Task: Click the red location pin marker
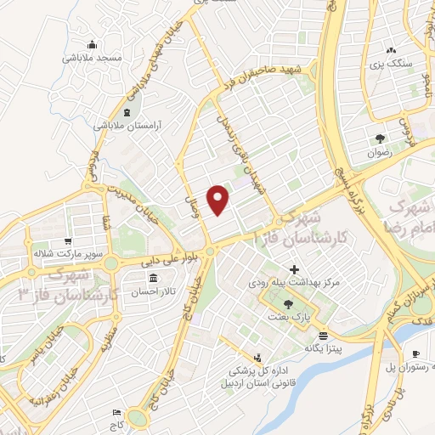coord(219,199)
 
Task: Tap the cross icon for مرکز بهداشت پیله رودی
coord(294,270)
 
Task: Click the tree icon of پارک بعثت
coord(288,304)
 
